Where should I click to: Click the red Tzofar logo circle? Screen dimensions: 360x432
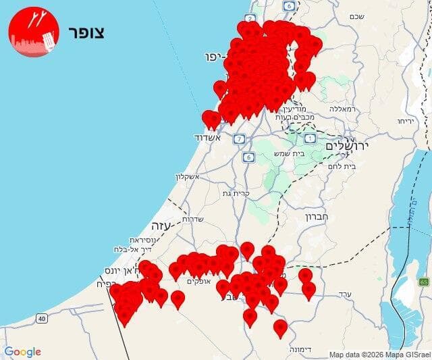pyautogui.click(x=34, y=32)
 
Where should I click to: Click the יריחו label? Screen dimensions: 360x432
pyautogui.click(x=405, y=121)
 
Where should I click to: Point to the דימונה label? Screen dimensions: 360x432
pyautogui.click(x=299, y=350)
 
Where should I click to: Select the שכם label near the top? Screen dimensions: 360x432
pyautogui.click(x=357, y=16)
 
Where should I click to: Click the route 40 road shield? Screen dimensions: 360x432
pyautogui.click(x=43, y=318)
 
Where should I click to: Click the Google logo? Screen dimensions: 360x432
pyautogui.click(x=22, y=351)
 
